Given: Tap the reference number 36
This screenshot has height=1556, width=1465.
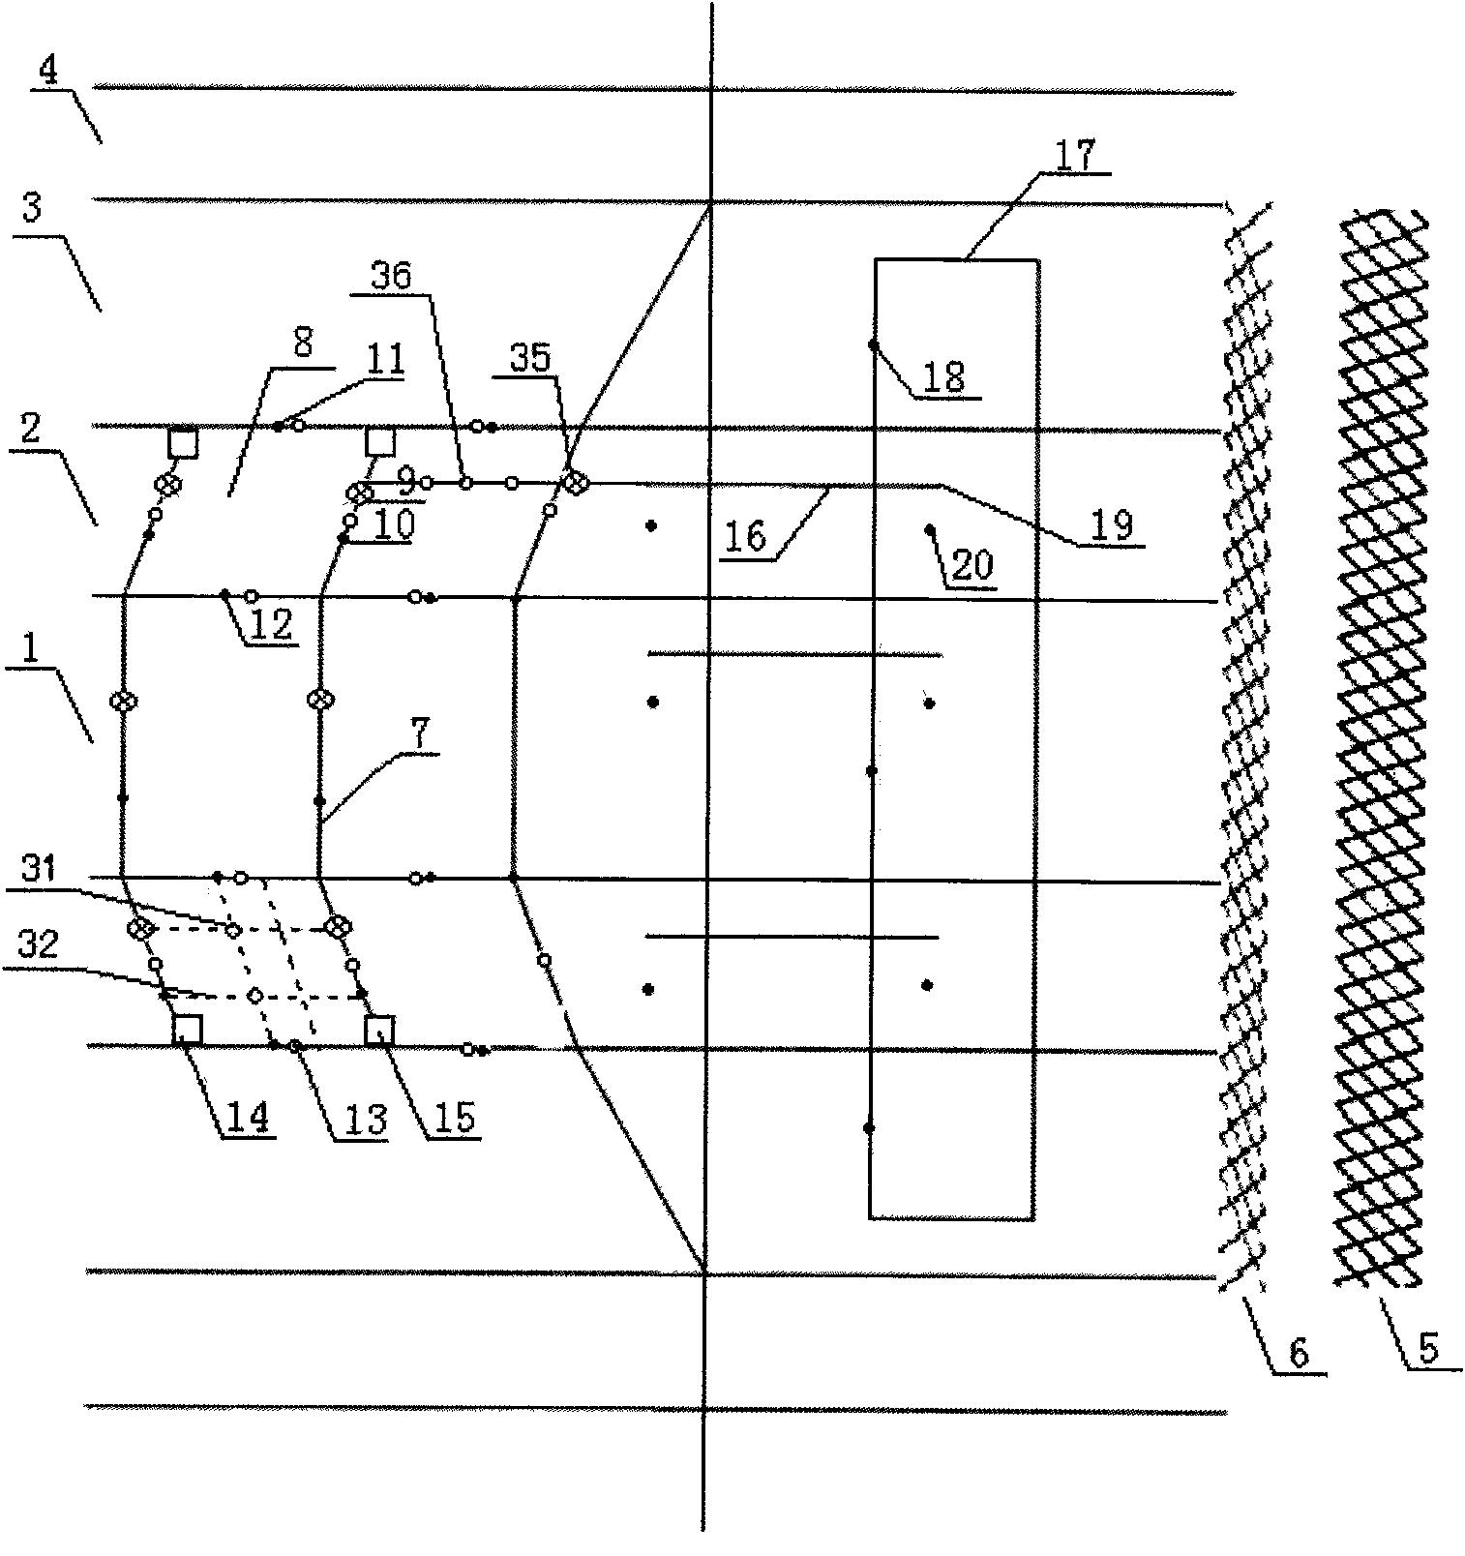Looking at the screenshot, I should tap(391, 276).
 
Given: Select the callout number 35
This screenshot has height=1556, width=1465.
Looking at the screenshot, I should tap(529, 358).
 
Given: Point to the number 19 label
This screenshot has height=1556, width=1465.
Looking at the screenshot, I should tap(1111, 525).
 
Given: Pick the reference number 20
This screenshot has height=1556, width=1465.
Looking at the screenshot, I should tap(972, 564).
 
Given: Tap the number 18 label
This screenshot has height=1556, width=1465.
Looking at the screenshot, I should tap(945, 377).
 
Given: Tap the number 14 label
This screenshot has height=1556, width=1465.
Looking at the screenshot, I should tap(247, 1117).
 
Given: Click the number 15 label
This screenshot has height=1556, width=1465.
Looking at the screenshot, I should tap(453, 1117).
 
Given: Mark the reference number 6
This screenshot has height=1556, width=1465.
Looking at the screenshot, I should tap(1298, 1351).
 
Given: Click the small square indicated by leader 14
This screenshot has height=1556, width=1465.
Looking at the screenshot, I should tap(187, 1030).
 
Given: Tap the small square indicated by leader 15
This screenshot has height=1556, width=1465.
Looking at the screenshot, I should tap(378, 1030).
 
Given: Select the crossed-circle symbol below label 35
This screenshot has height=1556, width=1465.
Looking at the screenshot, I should tap(576, 482).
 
